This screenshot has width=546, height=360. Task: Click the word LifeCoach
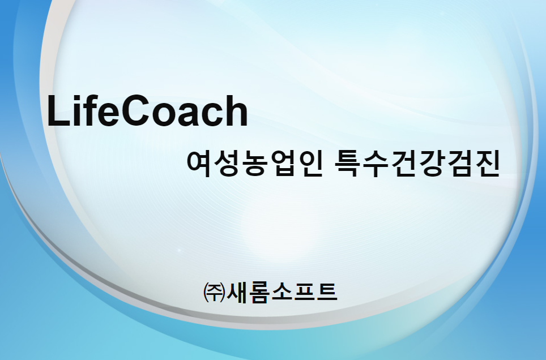tap(147, 111)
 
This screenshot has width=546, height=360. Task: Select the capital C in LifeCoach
tap(133, 111)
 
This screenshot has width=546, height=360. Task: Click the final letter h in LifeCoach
tap(237, 110)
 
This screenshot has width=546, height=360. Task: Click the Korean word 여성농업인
tap(254, 164)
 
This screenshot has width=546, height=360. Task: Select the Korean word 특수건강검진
tap(417, 164)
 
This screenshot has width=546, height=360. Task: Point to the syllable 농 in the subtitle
tap(254, 164)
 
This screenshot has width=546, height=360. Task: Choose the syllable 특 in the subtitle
tap(347, 164)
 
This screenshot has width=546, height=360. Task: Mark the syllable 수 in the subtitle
tap(376, 164)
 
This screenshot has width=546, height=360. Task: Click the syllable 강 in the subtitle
tap(431, 164)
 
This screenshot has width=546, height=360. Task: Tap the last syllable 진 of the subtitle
tap(487, 164)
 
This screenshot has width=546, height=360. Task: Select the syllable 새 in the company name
tap(237, 293)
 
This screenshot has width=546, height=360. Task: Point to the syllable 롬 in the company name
tap(259, 293)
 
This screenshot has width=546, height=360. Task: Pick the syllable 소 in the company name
tap(281, 293)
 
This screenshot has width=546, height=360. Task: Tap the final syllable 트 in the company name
tap(326, 293)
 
